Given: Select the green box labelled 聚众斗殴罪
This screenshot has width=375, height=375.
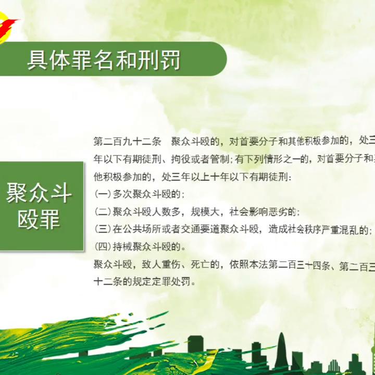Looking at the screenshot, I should pos(40,206).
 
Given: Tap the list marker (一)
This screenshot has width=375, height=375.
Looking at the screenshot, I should pos(103,194).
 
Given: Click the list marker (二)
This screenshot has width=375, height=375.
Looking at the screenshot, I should pos(103,211).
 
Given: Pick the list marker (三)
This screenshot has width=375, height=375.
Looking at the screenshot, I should pos(103,229).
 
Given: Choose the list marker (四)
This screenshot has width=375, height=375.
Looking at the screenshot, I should pos(103,246).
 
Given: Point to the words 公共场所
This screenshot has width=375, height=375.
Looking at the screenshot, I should pos(140,229).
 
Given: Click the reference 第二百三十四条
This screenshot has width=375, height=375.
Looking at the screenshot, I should pos(300,265).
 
